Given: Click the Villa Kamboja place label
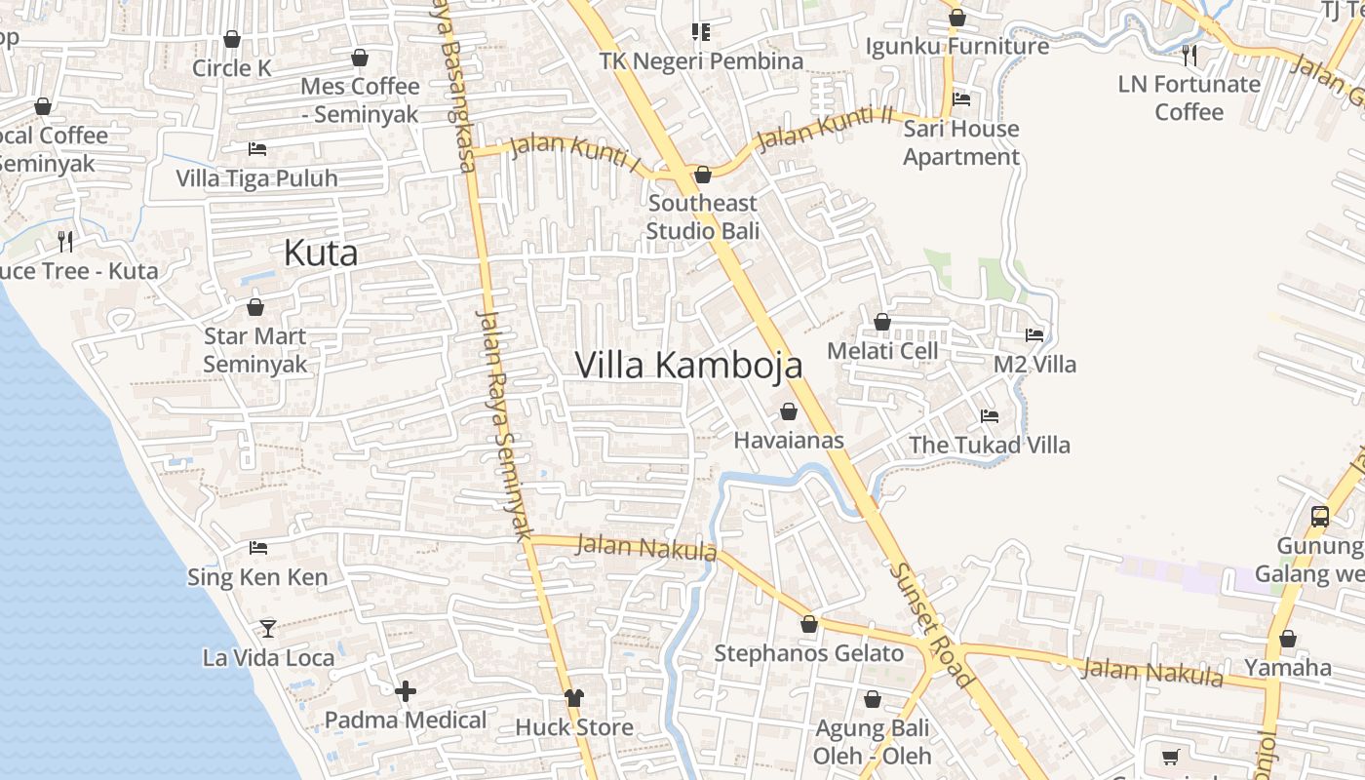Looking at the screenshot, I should click(x=688, y=365).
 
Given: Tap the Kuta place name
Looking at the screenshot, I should click(x=321, y=253).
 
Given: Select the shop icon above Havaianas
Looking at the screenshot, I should click(x=789, y=411).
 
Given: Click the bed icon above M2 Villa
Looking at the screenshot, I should click(x=1034, y=335).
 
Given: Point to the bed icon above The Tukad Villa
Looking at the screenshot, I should click(x=990, y=416).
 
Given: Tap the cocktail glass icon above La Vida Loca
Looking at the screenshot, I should click(x=268, y=629).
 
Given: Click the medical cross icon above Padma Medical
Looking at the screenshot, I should click(x=406, y=691).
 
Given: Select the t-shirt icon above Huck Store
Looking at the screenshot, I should click(x=574, y=698).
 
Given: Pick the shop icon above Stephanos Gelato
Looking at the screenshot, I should click(x=808, y=624).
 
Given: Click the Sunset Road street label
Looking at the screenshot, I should click(x=932, y=625).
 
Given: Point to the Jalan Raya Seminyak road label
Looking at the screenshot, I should click(x=503, y=424).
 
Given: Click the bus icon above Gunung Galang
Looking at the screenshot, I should click(x=1320, y=517).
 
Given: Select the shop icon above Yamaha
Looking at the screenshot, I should click(x=1288, y=640).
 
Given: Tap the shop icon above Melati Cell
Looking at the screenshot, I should click(x=882, y=322).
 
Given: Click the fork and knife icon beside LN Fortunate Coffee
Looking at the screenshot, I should click(x=1189, y=55).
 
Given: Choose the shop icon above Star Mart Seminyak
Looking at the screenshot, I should click(x=255, y=308).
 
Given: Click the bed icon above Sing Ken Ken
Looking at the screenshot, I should click(x=258, y=548).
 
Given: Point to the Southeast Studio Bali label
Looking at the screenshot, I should click(x=702, y=216).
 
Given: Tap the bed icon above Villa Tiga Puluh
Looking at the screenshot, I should click(x=257, y=149).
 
